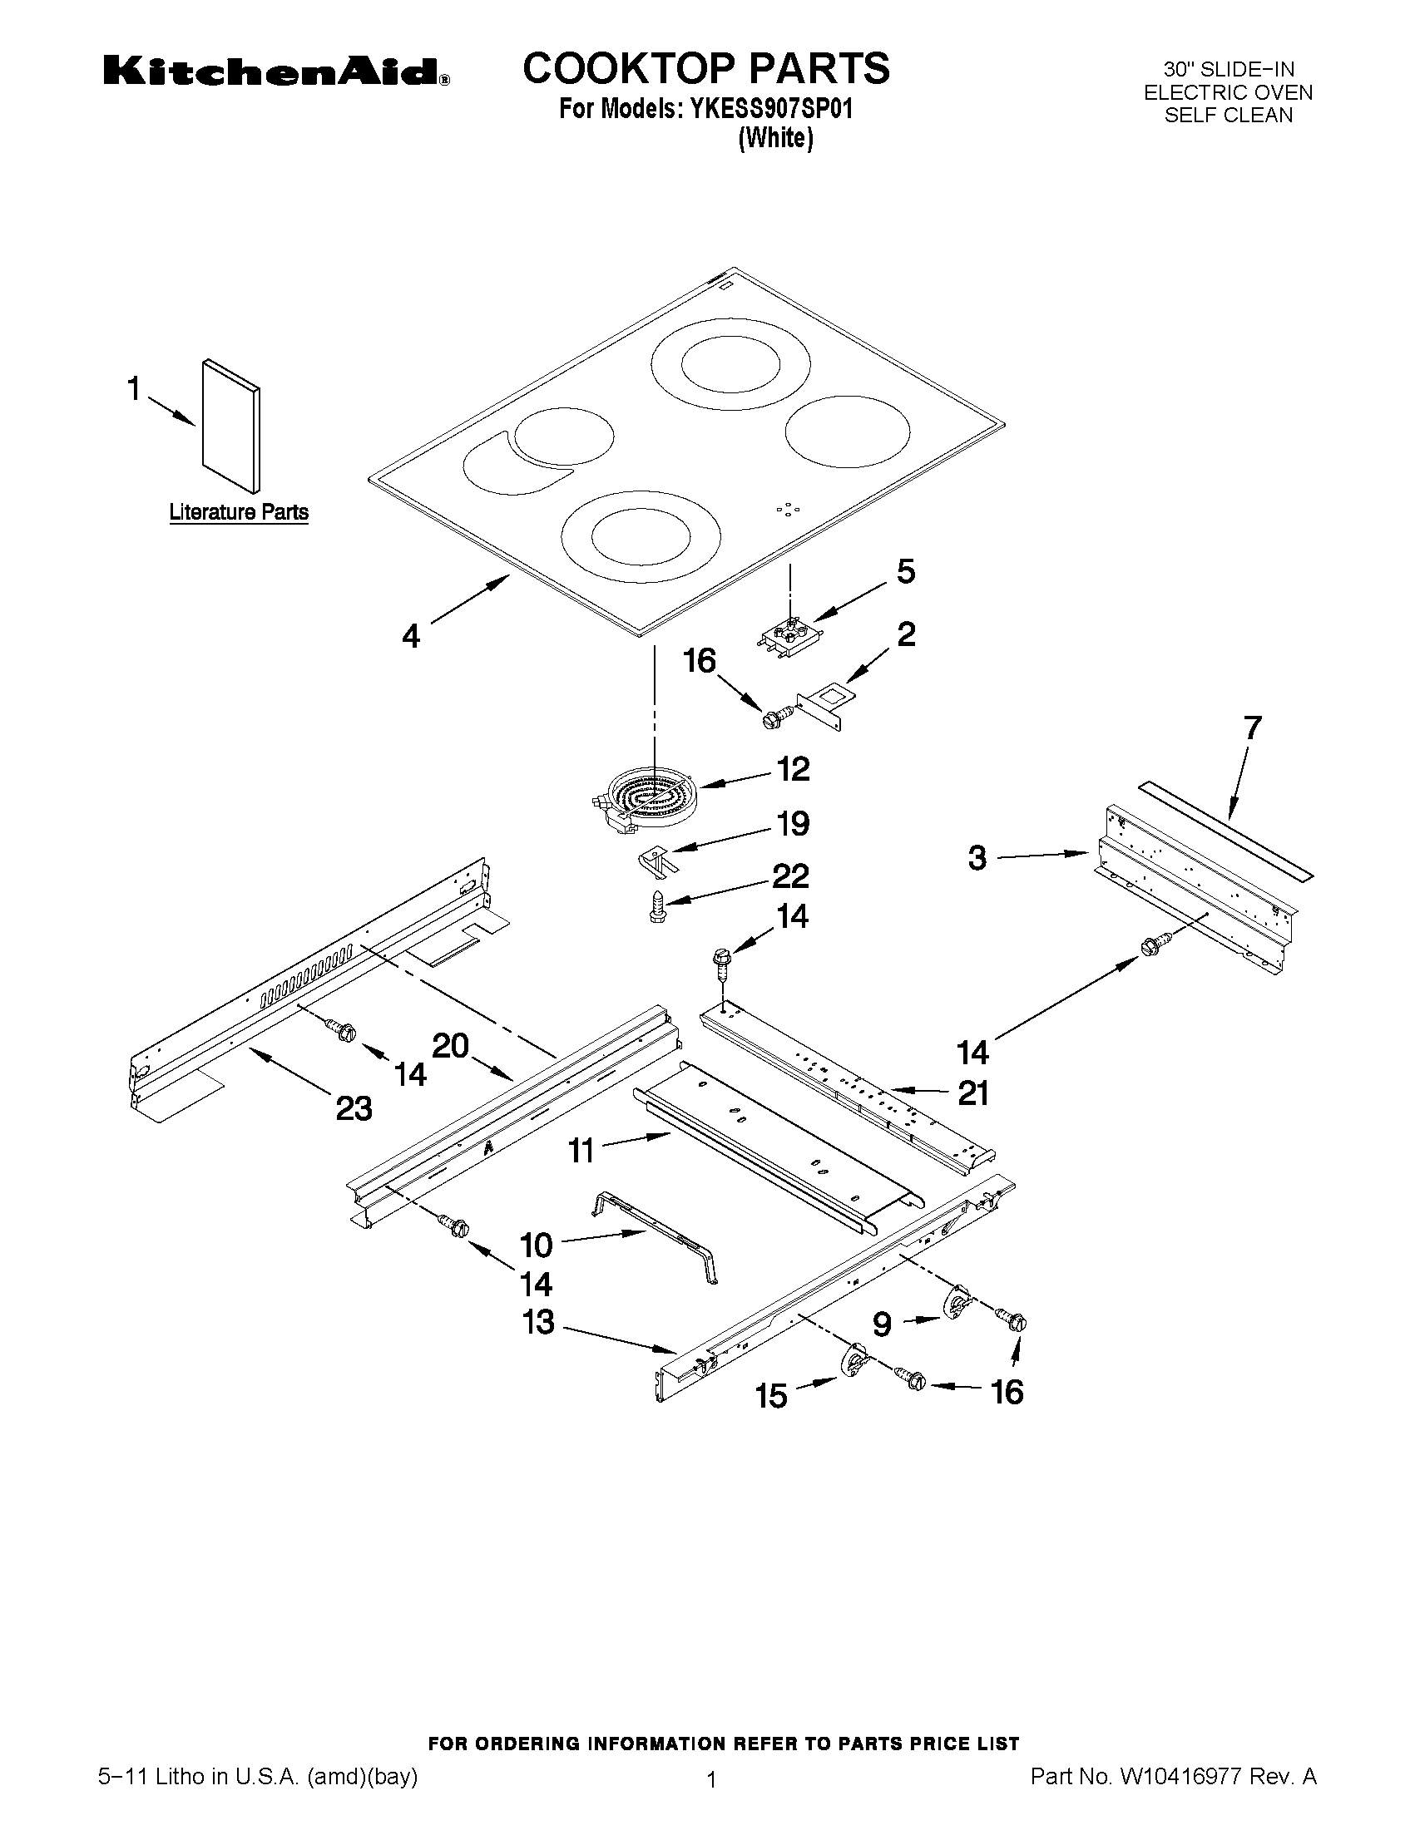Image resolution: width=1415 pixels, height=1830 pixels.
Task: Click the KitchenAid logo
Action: click(x=276, y=72)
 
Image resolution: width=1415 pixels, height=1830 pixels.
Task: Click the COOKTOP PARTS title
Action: click(x=705, y=69)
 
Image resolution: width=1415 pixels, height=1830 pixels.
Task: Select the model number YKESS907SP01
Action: click(x=770, y=110)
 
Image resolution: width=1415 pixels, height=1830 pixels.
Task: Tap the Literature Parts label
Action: click(x=239, y=512)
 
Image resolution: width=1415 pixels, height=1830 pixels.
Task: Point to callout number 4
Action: click(x=411, y=637)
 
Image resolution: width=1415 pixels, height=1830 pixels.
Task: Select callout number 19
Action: click(x=792, y=824)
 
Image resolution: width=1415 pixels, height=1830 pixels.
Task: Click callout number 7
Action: click(x=1251, y=728)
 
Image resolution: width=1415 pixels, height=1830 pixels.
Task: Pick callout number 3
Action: click(x=977, y=858)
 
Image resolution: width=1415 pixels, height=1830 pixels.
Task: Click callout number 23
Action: click(x=354, y=1108)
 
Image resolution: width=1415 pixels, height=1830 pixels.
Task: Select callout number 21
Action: click(x=972, y=1093)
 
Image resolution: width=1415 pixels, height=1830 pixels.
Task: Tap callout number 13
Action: click(x=539, y=1322)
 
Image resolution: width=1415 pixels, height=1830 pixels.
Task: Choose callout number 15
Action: click(x=771, y=1396)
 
